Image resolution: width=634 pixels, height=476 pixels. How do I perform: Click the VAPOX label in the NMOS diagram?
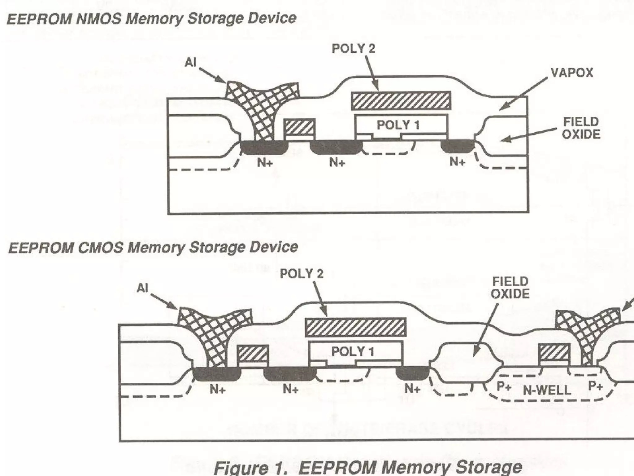(x=572, y=73)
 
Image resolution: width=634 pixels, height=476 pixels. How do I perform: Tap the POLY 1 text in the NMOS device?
(x=398, y=125)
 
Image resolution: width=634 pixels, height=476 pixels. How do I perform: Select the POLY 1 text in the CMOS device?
(x=353, y=351)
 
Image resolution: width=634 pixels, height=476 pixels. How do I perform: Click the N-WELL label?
(x=547, y=390)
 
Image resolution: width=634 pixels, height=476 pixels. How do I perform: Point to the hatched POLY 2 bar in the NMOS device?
(x=401, y=101)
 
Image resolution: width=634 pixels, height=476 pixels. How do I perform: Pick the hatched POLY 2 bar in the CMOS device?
(x=355, y=327)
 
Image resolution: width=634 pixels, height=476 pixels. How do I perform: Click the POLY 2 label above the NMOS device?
(x=354, y=49)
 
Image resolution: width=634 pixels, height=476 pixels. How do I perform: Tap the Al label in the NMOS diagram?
(x=190, y=63)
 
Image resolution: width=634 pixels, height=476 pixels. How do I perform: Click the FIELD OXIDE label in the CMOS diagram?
(x=510, y=288)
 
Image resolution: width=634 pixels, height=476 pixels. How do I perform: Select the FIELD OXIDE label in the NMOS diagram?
(x=581, y=128)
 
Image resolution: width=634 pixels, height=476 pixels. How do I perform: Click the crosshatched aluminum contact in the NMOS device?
(x=260, y=105)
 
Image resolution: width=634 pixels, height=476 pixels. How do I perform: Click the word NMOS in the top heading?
(x=98, y=19)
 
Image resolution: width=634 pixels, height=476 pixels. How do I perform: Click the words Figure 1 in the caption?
(x=251, y=468)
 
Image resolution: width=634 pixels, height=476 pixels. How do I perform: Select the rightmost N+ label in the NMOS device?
(x=457, y=161)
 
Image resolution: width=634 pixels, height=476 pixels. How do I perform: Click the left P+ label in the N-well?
(x=504, y=386)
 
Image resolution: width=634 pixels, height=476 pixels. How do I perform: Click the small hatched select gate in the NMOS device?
(x=299, y=127)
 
